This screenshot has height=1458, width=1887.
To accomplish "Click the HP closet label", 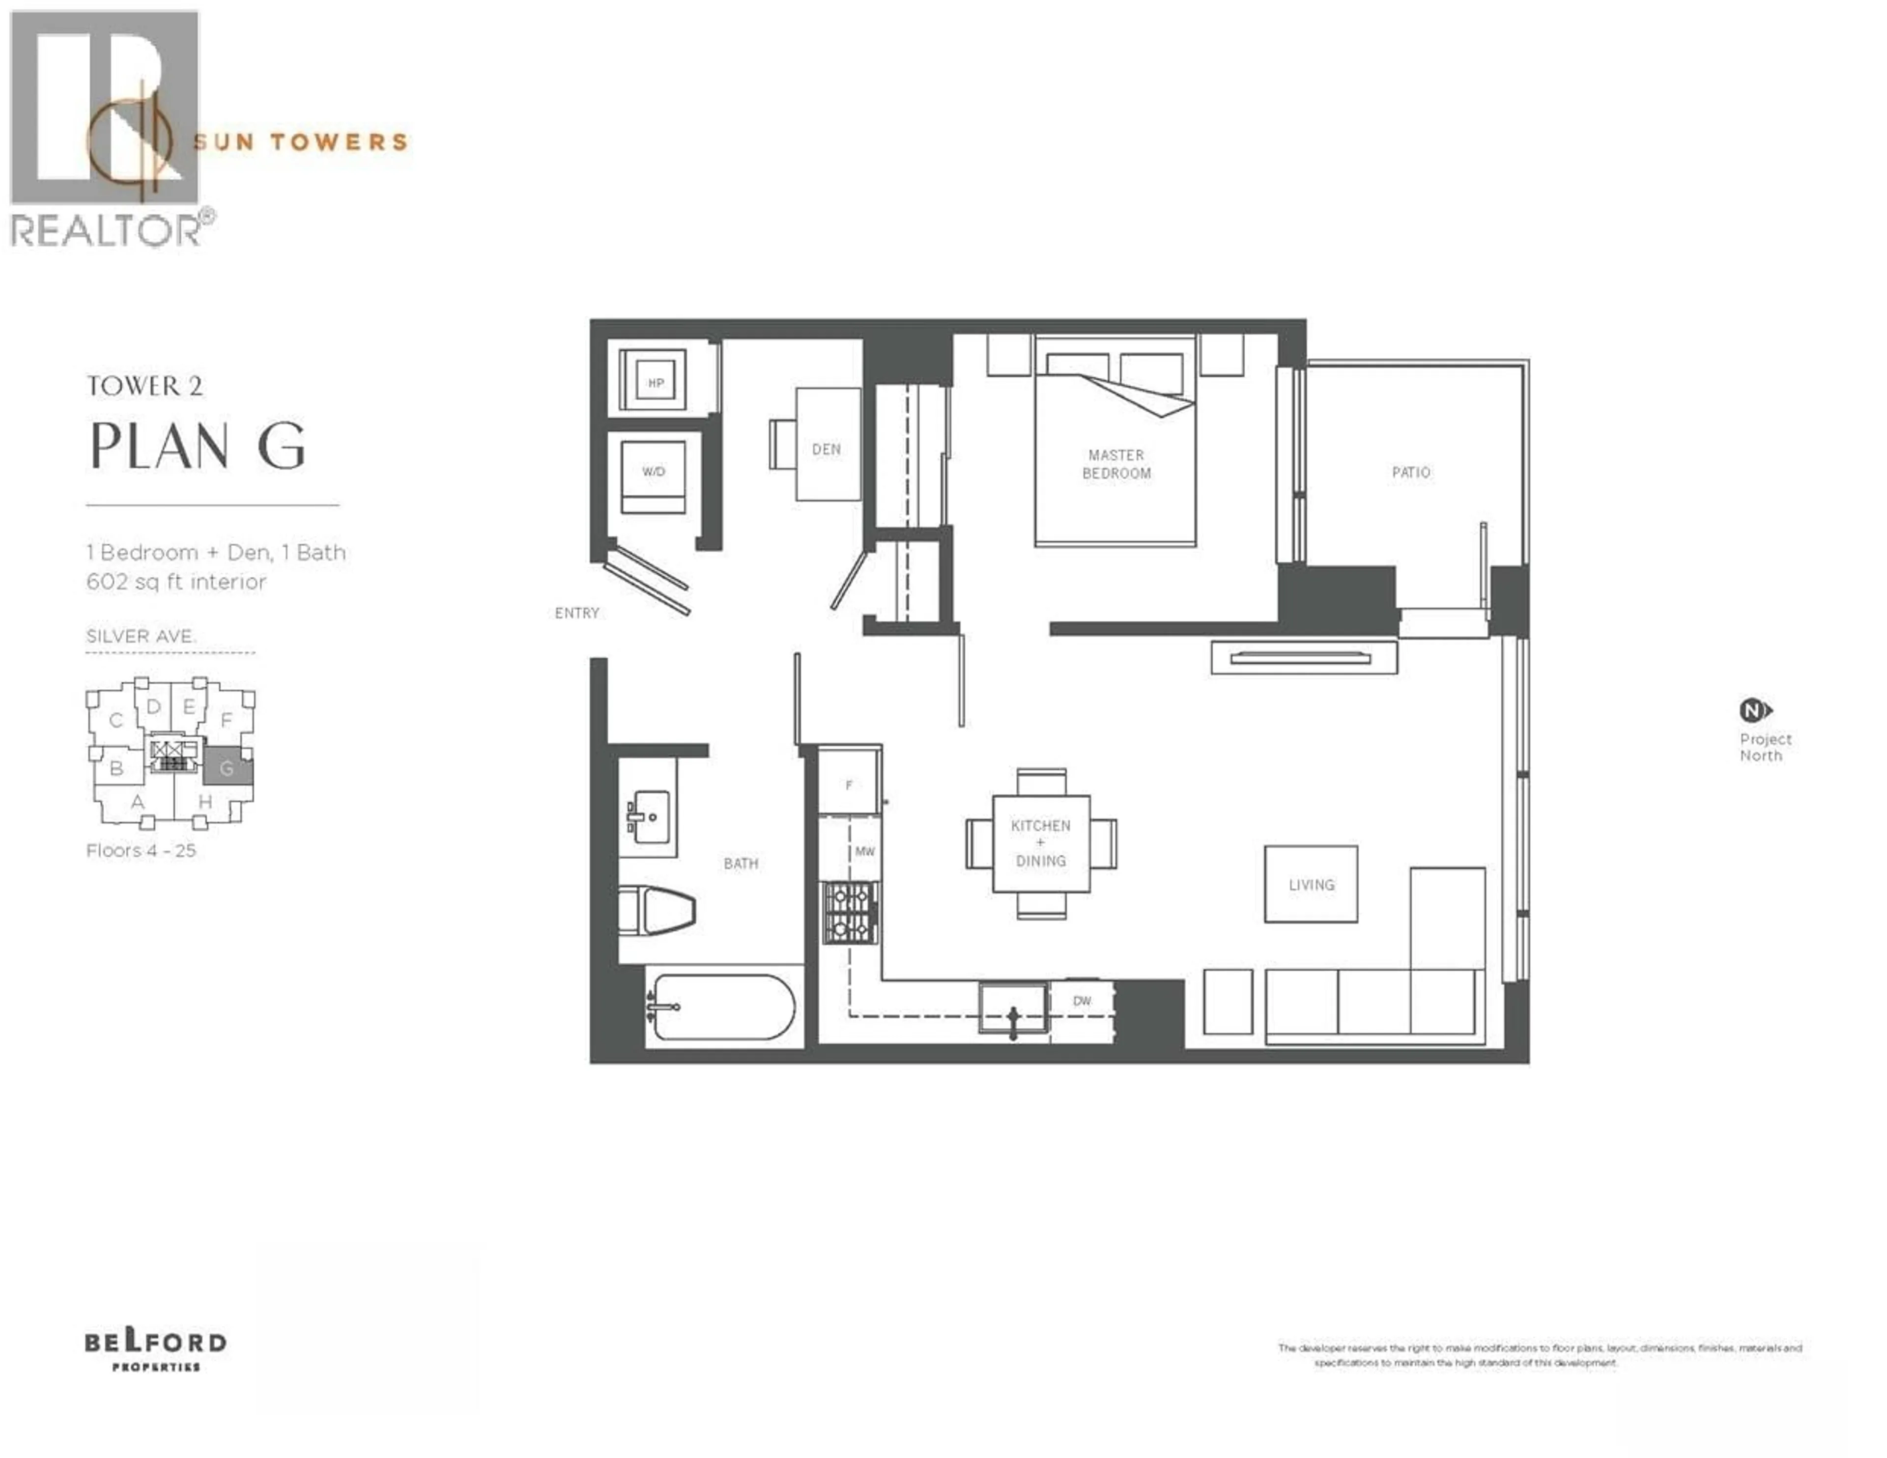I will [x=656, y=383].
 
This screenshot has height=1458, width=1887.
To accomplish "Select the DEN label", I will [x=826, y=449].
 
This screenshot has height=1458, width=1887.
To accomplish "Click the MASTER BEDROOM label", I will [x=1116, y=464].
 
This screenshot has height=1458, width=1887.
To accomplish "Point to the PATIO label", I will [x=1411, y=473].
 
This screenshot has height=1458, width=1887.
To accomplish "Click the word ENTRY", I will [x=576, y=613].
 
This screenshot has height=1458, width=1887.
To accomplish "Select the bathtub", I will [x=722, y=1007].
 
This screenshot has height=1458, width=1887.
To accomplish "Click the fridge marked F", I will [x=849, y=784].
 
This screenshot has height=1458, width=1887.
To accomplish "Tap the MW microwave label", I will [x=865, y=852].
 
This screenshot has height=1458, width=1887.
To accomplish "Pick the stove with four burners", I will [x=850, y=912].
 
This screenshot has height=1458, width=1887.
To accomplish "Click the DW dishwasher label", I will [x=1082, y=1001].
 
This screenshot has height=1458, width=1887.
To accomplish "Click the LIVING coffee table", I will [x=1311, y=884].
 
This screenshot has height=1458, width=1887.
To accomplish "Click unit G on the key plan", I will [x=227, y=767].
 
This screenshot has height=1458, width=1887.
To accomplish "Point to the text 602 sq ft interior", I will [x=176, y=582].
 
